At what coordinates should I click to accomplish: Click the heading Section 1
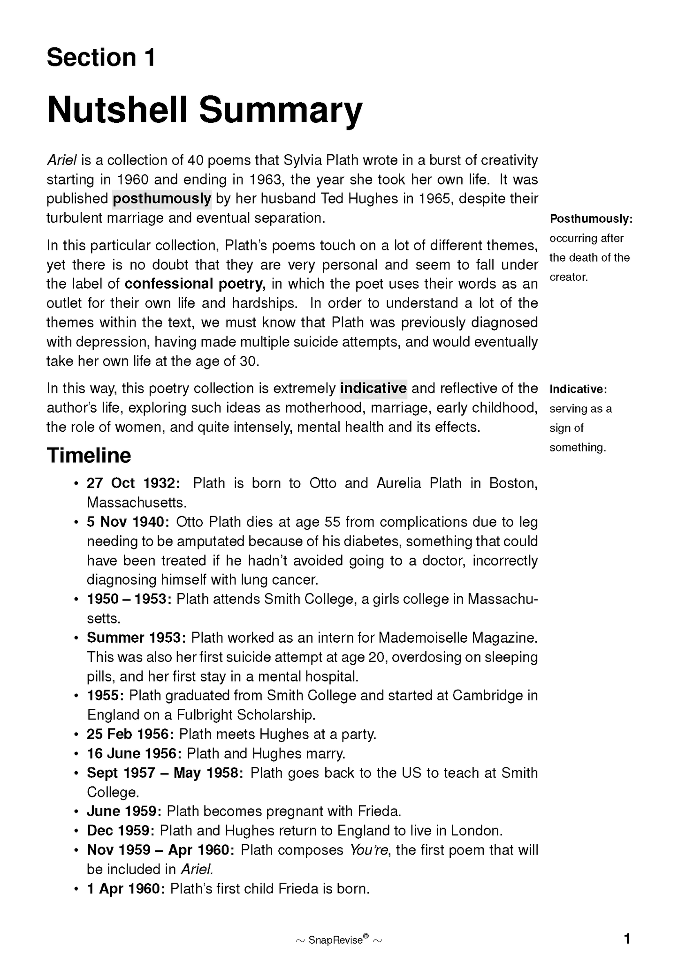[101, 58]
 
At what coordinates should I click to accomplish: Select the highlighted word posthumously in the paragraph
[162, 199]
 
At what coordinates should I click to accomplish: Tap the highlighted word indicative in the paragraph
[373, 389]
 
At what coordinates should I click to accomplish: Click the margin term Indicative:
[578, 389]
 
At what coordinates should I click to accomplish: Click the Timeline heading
[89, 456]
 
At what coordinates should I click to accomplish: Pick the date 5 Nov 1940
[128, 522]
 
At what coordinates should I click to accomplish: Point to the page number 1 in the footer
[626, 939]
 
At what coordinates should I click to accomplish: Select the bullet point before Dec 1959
[76, 831]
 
